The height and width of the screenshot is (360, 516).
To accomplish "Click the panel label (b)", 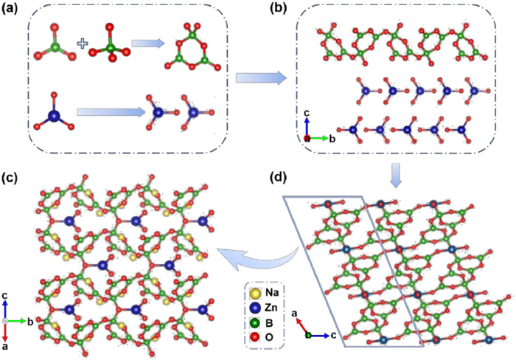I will pyautogui.click(x=276, y=12).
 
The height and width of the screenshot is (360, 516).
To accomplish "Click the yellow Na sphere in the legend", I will pyautogui.click(x=257, y=292).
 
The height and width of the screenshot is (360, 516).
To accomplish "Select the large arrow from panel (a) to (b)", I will pyautogui.click(x=261, y=77).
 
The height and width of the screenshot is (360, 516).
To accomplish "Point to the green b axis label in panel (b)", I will pyautogui.click(x=332, y=138).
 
